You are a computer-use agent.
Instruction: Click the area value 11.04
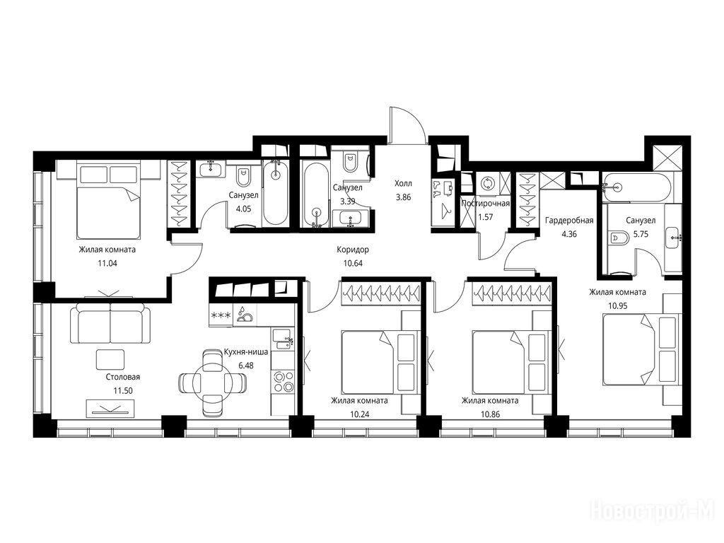click(x=107, y=264)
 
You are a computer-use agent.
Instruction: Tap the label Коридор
click(x=353, y=250)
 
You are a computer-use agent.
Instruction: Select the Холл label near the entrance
click(x=403, y=183)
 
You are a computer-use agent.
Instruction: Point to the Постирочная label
click(x=485, y=204)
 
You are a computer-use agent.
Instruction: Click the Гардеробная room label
click(x=569, y=221)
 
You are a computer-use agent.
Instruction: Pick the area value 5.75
click(x=641, y=234)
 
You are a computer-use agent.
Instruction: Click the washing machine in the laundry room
click(x=486, y=184)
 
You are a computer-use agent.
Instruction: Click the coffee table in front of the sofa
click(x=110, y=359)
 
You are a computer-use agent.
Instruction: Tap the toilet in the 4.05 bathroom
click(x=243, y=177)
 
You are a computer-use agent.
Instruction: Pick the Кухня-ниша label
click(x=245, y=352)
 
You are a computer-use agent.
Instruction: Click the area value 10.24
click(x=360, y=414)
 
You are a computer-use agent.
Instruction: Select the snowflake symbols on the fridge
click(x=221, y=316)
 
